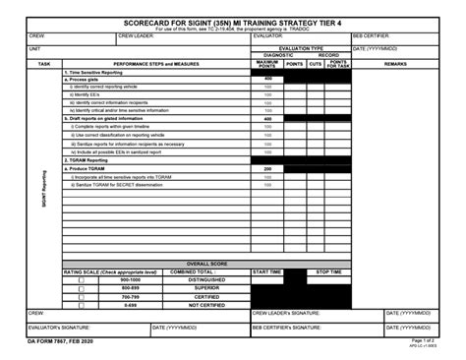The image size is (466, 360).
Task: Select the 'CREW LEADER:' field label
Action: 137,35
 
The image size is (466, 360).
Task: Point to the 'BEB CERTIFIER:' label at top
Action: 372,35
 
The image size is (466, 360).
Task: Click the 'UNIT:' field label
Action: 35,47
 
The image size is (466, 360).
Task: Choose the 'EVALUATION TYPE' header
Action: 300,47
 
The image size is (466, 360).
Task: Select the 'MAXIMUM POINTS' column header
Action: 267,63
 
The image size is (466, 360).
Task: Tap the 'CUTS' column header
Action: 315,63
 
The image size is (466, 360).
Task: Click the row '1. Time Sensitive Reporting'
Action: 99,72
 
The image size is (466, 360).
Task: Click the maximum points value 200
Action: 267,168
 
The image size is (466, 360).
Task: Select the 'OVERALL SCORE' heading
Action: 206,264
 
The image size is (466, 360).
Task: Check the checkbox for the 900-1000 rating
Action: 82,280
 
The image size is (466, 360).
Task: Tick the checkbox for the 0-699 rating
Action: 82,304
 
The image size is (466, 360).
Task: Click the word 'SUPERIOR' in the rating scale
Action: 206,288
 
